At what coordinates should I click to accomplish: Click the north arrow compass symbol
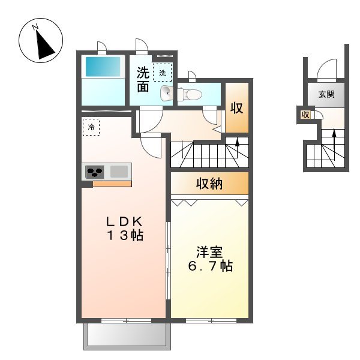click(x=41, y=40)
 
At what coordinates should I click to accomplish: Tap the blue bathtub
click(x=103, y=67)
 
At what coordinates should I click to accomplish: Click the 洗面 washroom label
click(x=143, y=79)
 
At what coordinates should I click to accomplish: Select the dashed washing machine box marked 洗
click(x=163, y=73)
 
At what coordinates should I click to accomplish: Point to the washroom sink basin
click(x=166, y=93)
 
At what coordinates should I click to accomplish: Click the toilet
click(x=190, y=94)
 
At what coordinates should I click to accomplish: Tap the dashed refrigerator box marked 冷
click(x=91, y=127)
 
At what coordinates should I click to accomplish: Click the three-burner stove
click(x=95, y=172)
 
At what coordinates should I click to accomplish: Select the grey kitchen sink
click(x=119, y=172)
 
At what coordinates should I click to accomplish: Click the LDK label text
click(x=124, y=222)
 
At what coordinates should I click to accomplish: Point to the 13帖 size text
click(x=125, y=236)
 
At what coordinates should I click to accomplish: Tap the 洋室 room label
click(x=209, y=252)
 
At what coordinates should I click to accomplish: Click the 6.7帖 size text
click(x=211, y=266)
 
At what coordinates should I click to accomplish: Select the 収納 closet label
click(x=209, y=184)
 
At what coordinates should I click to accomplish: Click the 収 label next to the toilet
click(x=237, y=107)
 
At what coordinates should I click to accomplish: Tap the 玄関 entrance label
click(x=326, y=94)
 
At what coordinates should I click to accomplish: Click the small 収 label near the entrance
click(x=305, y=115)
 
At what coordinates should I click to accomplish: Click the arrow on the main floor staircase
click(x=237, y=148)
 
